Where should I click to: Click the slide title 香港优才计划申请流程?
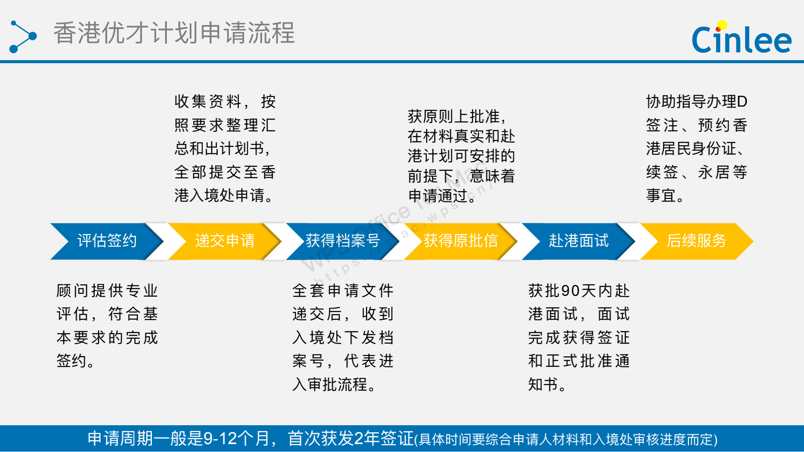174,33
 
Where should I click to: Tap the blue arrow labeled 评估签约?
107,241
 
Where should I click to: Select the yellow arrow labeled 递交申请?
225,241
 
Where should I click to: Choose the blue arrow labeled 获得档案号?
343,241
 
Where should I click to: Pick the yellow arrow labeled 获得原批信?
461,241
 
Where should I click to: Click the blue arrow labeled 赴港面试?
579,241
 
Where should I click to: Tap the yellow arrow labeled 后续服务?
697,241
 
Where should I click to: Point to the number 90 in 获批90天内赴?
570,291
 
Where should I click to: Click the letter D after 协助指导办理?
742,102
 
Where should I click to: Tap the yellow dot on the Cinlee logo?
722,25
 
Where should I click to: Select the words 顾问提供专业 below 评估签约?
107,291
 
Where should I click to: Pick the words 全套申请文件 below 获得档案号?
343,291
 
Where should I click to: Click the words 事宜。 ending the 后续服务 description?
665,196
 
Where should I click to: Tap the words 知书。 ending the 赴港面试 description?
547,385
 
